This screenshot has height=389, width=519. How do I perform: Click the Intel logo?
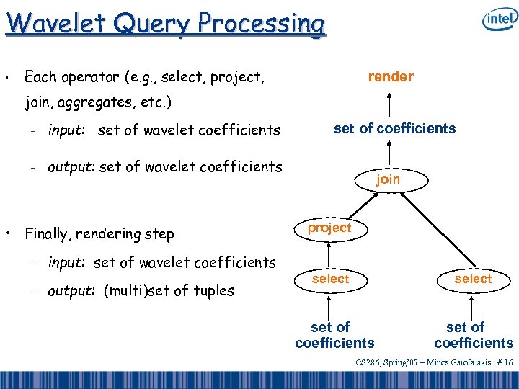(500, 21)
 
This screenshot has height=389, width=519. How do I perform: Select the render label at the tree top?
(391, 76)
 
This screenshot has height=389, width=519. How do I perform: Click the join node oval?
(388, 179)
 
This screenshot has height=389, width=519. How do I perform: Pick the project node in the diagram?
(329, 228)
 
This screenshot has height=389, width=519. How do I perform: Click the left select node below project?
(330, 279)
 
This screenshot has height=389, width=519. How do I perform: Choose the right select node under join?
(473, 279)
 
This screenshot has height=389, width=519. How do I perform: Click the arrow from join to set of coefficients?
(389, 153)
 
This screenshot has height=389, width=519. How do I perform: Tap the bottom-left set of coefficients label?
(334, 335)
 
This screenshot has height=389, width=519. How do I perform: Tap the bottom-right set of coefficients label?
(474, 335)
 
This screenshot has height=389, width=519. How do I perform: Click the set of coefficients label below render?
(394, 128)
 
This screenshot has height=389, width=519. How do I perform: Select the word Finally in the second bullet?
(49, 234)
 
